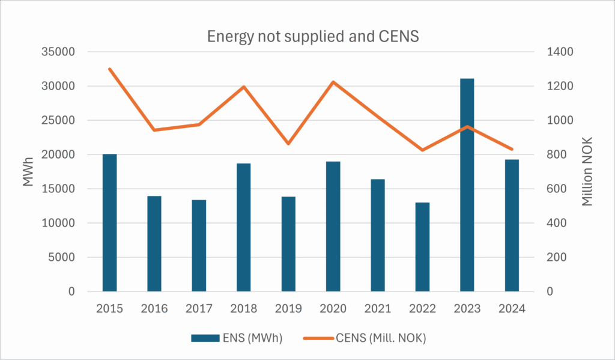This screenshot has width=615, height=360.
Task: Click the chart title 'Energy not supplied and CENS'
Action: [312, 35]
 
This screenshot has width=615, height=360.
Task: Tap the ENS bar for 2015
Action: [109, 223]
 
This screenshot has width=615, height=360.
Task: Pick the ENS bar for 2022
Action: [422, 247]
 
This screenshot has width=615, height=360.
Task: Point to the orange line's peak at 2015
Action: [109, 69]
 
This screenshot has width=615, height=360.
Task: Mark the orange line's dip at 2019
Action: [288, 144]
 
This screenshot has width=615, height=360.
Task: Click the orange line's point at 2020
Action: [333, 82]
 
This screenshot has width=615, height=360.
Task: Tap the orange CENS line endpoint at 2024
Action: [512, 149]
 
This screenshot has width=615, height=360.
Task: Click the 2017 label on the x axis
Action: [199, 309]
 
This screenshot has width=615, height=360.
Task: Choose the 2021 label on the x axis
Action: [378, 309]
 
